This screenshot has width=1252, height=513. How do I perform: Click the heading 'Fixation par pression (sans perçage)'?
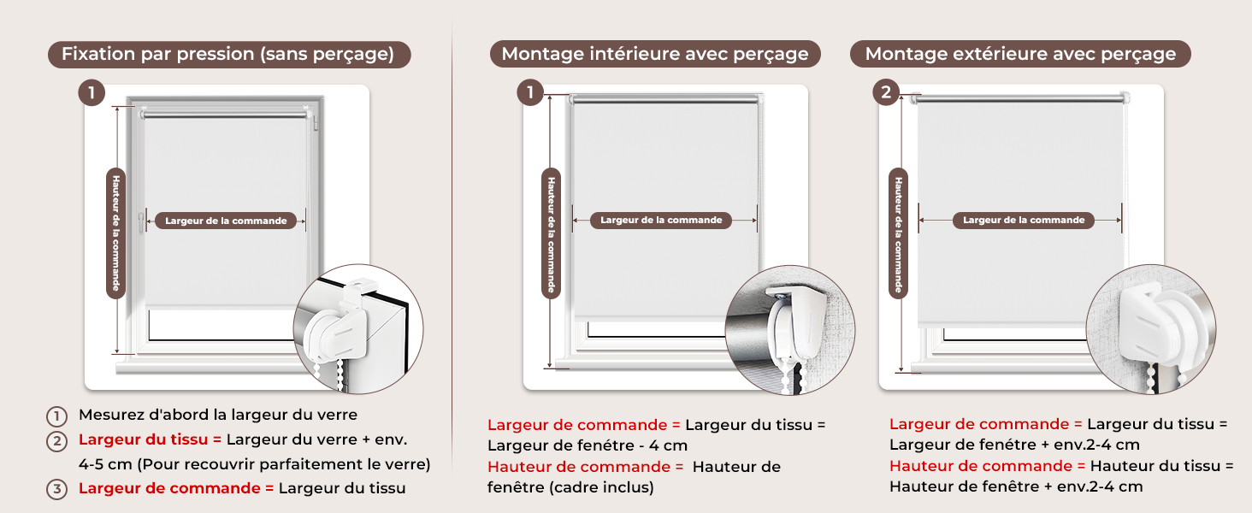[x=228, y=54]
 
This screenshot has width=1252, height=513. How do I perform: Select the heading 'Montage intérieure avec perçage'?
[x=655, y=54]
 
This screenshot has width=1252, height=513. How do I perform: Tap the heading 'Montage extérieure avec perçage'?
[x=1020, y=54]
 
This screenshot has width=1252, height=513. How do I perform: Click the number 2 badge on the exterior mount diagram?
[x=886, y=92]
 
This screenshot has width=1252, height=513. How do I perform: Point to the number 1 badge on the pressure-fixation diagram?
[x=92, y=92]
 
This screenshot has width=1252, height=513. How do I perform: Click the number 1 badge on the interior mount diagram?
[x=530, y=92]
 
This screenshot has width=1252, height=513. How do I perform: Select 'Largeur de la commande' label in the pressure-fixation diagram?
[x=226, y=221]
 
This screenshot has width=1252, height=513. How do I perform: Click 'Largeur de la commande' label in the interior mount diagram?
[x=661, y=221]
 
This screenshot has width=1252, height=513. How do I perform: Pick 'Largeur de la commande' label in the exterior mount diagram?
[x=1024, y=221]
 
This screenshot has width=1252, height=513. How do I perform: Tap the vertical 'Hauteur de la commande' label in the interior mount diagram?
[x=551, y=233]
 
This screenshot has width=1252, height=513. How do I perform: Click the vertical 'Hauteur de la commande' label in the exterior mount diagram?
[x=898, y=233]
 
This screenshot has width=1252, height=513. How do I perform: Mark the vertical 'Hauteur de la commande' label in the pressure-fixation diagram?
[x=115, y=233]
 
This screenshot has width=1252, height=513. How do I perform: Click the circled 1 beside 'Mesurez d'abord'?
[x=56, y=416]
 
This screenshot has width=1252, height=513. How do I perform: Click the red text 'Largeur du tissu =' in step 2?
[x=151, y=439]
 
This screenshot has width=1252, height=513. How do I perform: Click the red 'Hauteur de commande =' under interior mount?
[x=585, y=467]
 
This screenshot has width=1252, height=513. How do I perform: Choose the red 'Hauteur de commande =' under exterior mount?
[x=987, y=466]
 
